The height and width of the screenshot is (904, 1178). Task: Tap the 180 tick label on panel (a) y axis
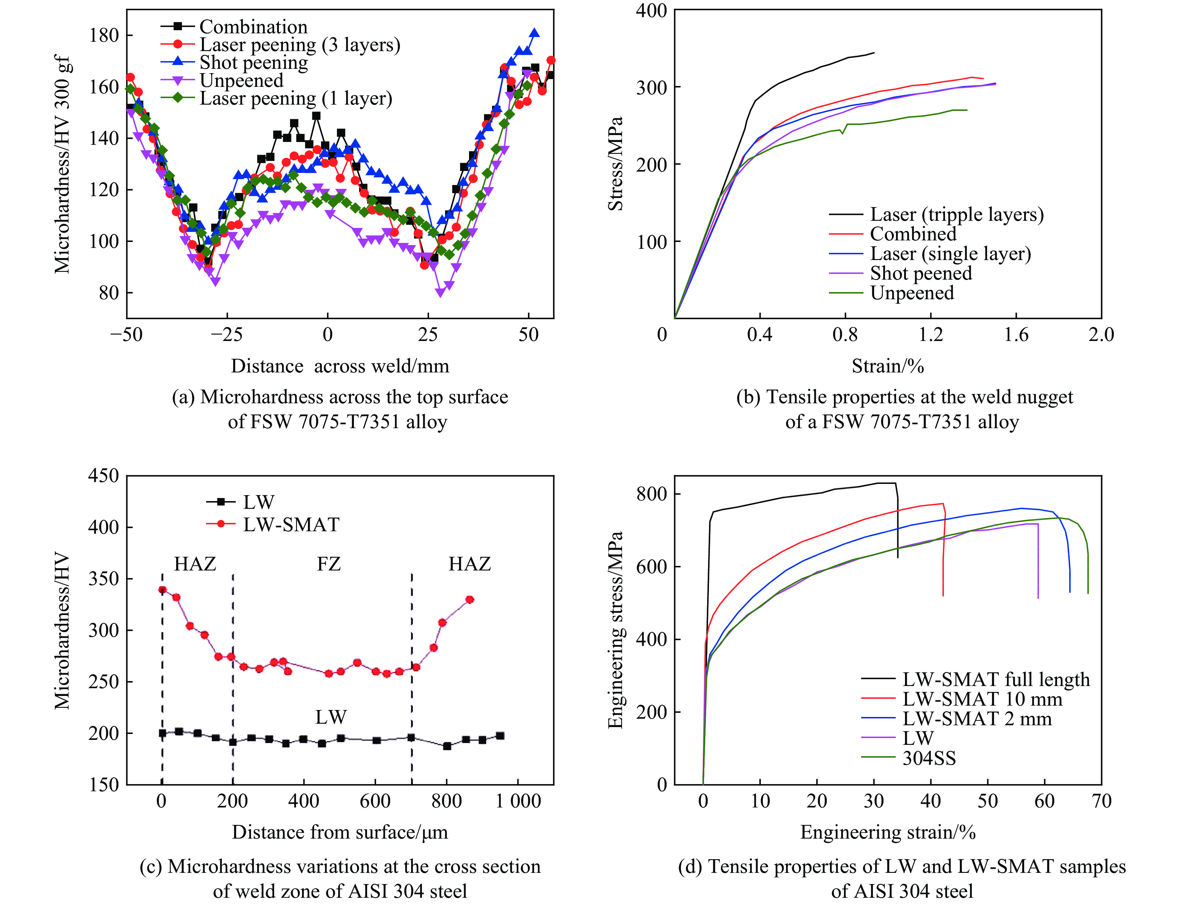(x=103, y=35)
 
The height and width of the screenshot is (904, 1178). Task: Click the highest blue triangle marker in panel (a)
(x=534, y=33)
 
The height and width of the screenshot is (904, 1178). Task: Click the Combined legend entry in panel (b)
(x=913, y=234)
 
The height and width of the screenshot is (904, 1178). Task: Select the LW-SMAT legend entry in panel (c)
(x=291, y=525)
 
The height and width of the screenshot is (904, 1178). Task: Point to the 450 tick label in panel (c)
(x=103, y=476)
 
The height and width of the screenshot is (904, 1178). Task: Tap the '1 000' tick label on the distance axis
(x=518, y=801)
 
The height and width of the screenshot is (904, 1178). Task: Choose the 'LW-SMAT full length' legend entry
(x=996, y=679)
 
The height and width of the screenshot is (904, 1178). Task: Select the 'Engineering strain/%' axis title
(x=888, y=832)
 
